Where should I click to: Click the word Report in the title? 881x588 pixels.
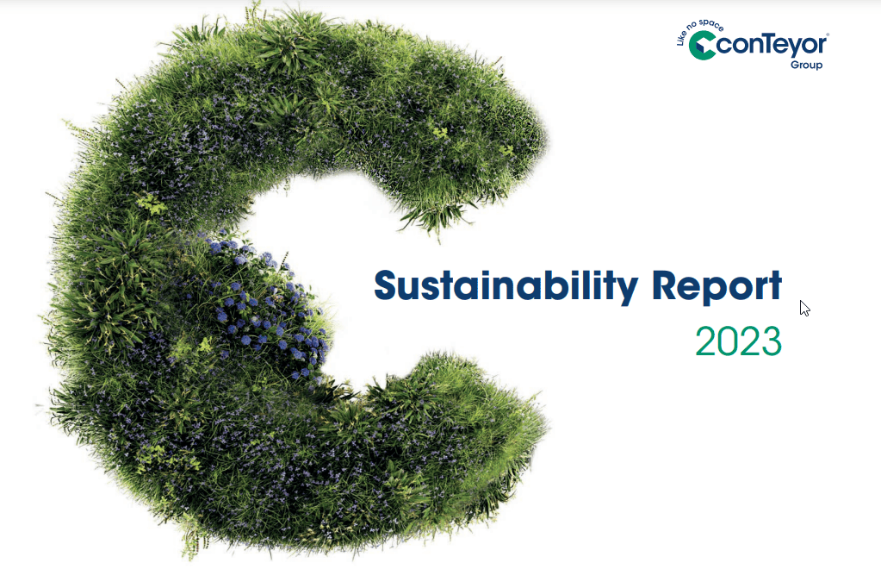(717, 286)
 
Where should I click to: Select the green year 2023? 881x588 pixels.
(738, 341)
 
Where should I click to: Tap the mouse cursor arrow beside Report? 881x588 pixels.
(804, 308)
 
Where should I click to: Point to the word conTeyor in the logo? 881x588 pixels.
(772, 45)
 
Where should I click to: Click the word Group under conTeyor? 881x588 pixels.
(806, 66)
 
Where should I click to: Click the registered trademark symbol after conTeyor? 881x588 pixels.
(828, 34)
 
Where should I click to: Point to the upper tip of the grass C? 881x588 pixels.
(517, 129)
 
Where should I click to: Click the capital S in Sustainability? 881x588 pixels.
(388, 286)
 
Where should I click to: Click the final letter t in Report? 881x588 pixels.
(773, 287)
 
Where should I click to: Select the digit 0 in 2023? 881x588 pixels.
(728, 342)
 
